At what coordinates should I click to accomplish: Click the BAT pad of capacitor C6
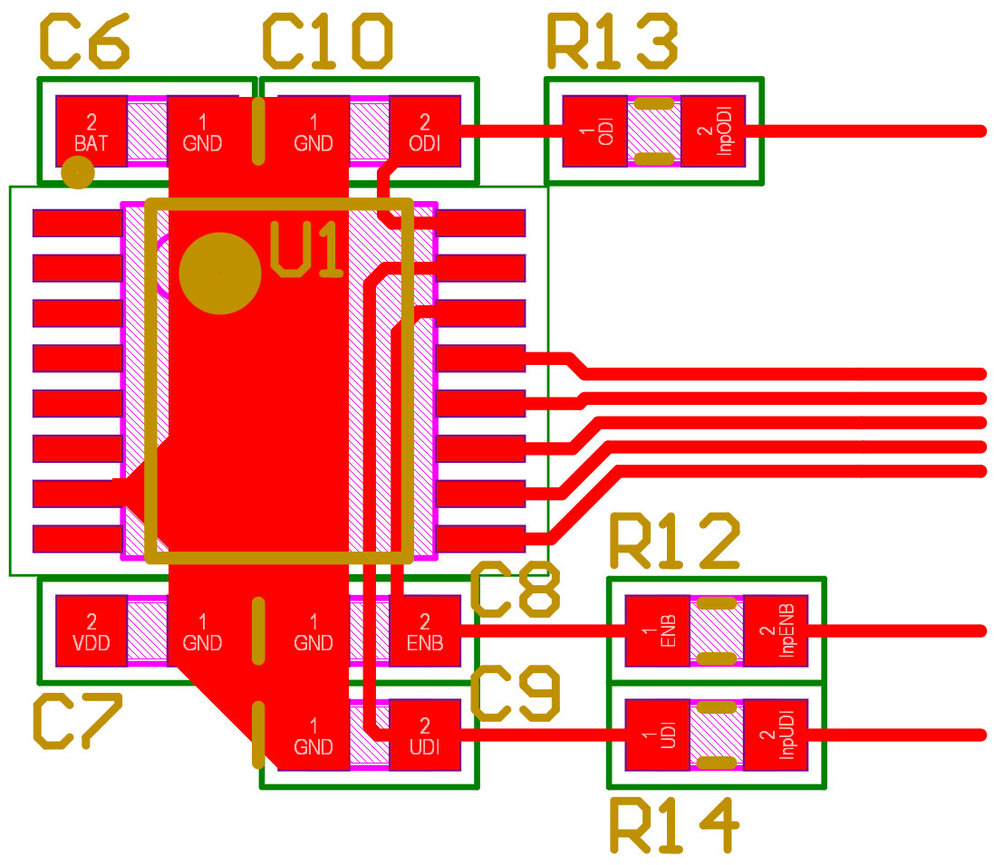(x=92, y=131)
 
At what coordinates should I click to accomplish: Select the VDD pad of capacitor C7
(x=92, y=631)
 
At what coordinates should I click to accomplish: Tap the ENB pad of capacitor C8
(x=425, y=631)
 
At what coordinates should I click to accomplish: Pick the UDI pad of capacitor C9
(x=425, y=735)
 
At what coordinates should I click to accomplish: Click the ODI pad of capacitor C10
(x=425, y=131)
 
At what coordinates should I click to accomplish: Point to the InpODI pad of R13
(x=712, y=131)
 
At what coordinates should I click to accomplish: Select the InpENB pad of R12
(x=776, y=631)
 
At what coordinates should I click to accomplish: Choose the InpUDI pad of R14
(x=776, y=735)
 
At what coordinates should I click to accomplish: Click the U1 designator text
(x=308, y=251)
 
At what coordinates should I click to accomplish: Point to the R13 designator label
(x=612, y=43)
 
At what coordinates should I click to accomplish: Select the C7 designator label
(x=76, y=722)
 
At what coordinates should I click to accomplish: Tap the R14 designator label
(x=674, y=825)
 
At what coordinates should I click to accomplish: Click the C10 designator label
(x=328, y=43)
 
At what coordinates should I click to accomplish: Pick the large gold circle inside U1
(x=220, y=273)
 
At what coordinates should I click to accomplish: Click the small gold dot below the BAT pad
(x=78, y=172)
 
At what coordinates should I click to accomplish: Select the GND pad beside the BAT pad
(x=202, y=131)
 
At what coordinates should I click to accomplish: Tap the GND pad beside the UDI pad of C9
(x=314, y=735)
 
